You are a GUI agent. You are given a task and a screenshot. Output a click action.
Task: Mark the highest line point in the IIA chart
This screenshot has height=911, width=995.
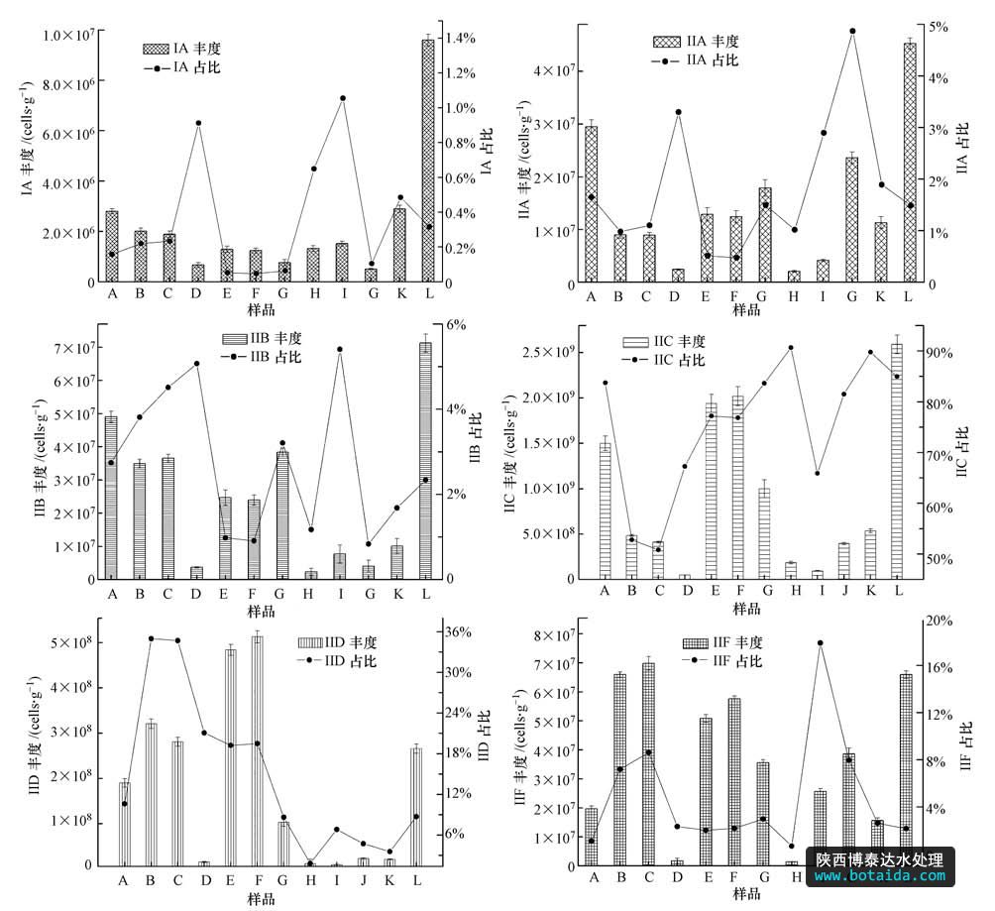852,31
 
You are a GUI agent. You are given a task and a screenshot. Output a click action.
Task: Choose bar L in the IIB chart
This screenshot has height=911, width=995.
426,461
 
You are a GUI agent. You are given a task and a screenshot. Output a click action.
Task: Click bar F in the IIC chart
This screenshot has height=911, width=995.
736,487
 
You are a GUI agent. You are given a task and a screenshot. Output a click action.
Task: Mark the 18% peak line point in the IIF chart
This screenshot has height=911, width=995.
820,643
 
